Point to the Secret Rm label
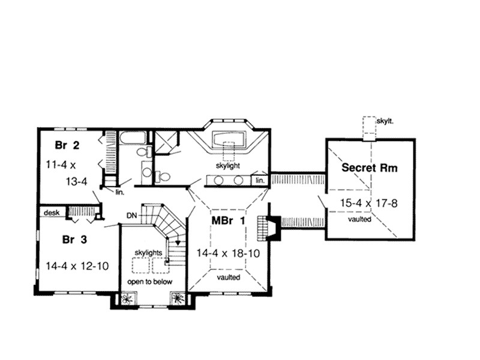click(x=370, y=167)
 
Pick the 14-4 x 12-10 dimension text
click(x=77, y=265)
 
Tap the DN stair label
click(x=133, y=214)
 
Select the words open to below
click(x=149, y=281)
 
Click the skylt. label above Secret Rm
click(x=384, y=121)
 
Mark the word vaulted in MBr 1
click(x=228, y=278)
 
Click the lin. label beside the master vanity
click(x=260, y=180)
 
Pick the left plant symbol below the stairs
click(x=127, y=299)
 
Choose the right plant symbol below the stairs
click(x=178, y=299)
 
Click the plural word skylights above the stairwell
click(x=147, y=254)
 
